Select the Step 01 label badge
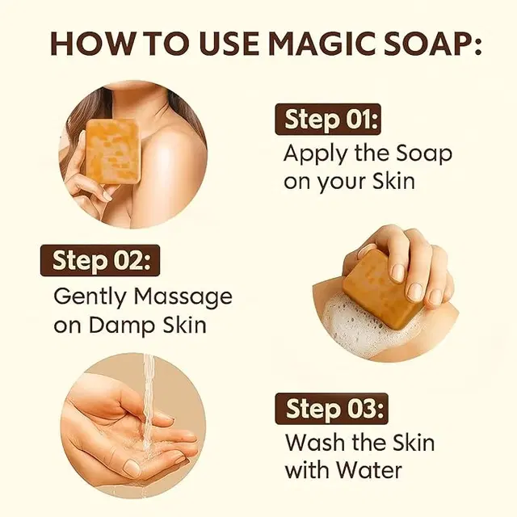click(328, 119)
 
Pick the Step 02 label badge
click(100, 260)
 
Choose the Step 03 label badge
click(331, 409)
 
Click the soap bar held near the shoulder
click(112, 150)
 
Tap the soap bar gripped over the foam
click(384, 289)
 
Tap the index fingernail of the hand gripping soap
click(398, 273)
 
